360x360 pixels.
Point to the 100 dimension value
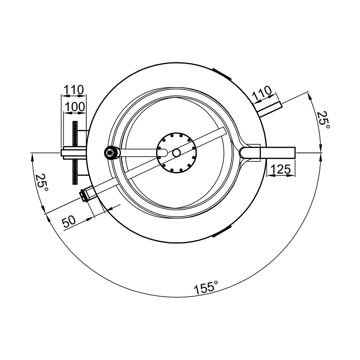pyautogui.click(x=75, y=107)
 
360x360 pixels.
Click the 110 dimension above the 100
pyautogui.click(x=74, y=90)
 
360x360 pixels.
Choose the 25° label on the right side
pyautogui.click(x=323, y=120)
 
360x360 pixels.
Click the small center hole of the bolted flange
pyautogui.click(x=176, y=153)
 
